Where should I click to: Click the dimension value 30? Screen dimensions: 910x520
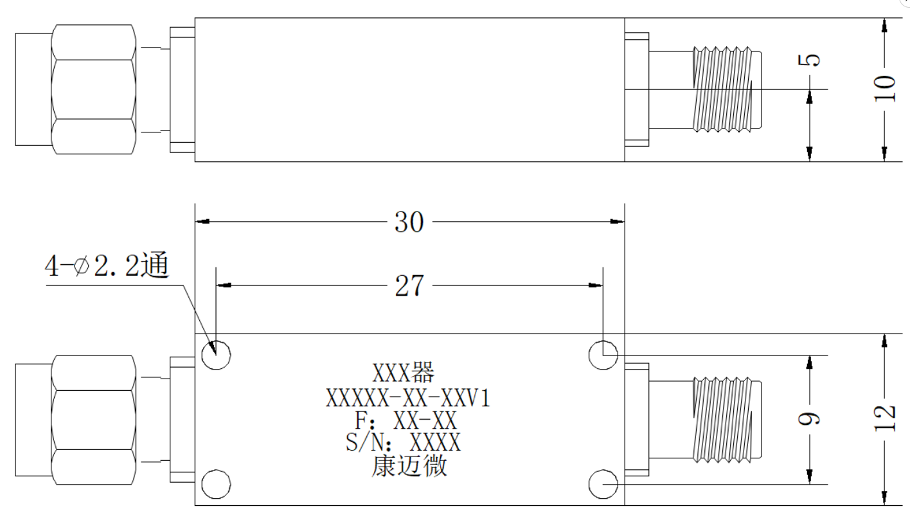pos(409,222)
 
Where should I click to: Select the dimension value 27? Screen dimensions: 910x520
pos(409,285)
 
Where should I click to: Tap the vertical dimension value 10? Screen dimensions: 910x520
pos(885,88)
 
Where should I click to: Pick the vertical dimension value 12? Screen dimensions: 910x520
pos(885,418)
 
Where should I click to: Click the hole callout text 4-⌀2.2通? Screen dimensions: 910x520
pos(107,265)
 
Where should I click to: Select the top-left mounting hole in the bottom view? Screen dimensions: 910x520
pos(216,355)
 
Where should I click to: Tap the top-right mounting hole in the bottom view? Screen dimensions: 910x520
pos(603,355)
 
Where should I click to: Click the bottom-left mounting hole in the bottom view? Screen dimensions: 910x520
pos(216,484)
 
